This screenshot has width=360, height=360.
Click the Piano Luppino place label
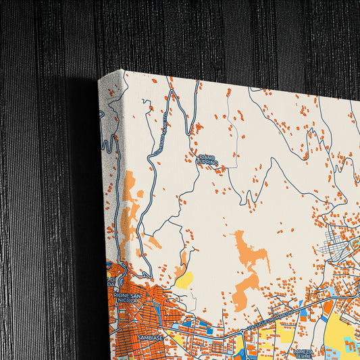coord(206,159)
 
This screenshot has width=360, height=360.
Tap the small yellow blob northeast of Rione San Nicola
coord(184,280)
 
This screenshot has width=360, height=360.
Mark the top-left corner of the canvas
coord(124,70)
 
